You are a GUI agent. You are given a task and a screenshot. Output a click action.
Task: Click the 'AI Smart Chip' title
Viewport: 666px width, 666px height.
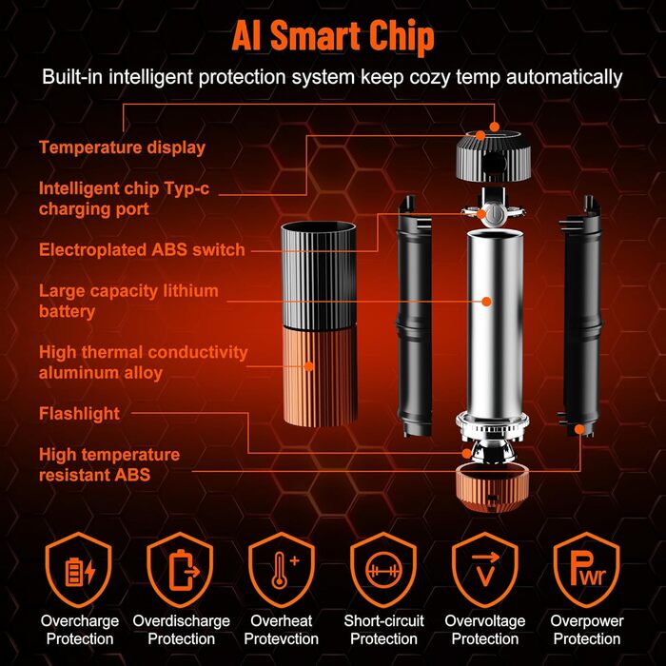pyautogui.click(x=333, y=36)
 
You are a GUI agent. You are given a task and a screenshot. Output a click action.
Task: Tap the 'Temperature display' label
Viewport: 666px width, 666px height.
pyautogui.click(x=123, y=147)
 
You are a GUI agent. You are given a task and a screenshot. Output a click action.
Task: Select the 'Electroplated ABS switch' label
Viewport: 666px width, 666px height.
pyautogui.click(x=142, y=249)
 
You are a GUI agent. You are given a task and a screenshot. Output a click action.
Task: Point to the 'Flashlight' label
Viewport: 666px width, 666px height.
pyautogui.click(x=79, y=414)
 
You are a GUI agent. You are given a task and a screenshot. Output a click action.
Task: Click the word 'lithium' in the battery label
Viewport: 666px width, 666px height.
pyautogui.click(x=185, y=291)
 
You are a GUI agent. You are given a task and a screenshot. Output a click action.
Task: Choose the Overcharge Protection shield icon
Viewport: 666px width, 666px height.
pyautogui.click(x=79, y=569)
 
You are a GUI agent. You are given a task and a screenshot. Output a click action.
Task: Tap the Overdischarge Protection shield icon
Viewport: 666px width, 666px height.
pyautogui.click(x=180, y=569)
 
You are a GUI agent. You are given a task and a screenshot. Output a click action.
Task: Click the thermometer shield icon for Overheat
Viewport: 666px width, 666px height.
pyautogui.click(x=282, y=569)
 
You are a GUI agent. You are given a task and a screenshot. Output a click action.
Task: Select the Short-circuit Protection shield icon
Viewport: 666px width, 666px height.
pyautogui.click(x=383, y=569)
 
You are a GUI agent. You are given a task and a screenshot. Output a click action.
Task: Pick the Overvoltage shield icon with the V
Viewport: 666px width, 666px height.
pyautogui.click(x=485, y=569)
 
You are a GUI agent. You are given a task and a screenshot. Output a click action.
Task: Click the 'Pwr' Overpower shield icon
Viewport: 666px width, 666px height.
pyautogui.click(x=587, y=569)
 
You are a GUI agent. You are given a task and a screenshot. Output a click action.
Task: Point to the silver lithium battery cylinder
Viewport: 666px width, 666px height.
pyautogui.click(x=495, y=323)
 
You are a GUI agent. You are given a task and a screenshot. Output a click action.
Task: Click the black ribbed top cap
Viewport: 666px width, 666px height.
pyautogui.click(x=494, y=155)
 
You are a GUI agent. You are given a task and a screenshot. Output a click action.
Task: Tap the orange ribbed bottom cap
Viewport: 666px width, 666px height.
pyautogui.click(x=493, y=487)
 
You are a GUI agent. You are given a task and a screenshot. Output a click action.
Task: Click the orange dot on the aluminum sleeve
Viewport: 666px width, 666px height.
pyautogui.click(x=309, y=365)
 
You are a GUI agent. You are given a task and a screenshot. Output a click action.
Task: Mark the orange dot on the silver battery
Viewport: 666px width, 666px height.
pyautogui.click(x=487, y=302)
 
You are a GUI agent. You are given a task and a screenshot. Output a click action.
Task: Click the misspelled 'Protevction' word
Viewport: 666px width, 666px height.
pyautogui.click(x=282, y=638)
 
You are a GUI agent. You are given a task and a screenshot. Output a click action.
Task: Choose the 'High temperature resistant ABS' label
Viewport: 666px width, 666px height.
pyautogui.click(x=109, y=464)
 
